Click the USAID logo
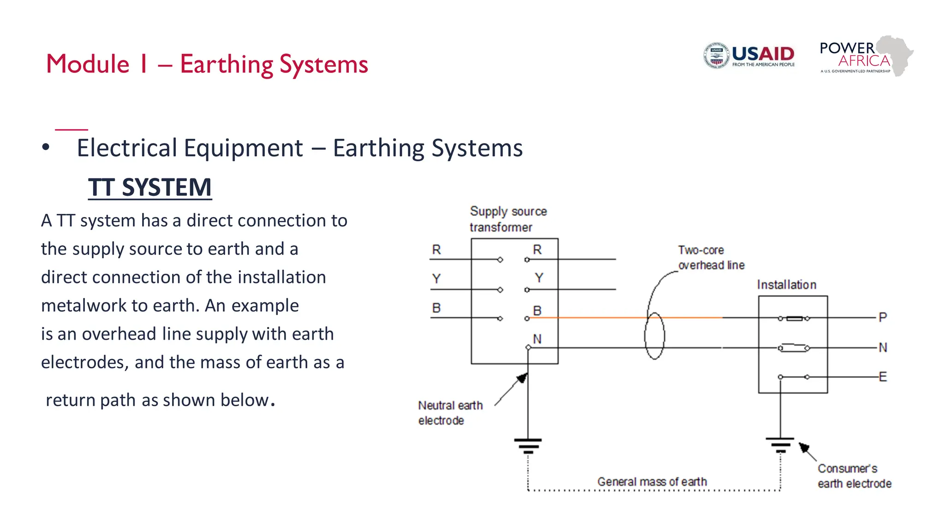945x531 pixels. (748, 56)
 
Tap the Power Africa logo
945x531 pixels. (866, 56)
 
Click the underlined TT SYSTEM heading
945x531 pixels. (150, 187)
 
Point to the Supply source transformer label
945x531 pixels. (508, 219)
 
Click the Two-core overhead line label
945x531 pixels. (711, 257)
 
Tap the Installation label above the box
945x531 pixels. (786, 285)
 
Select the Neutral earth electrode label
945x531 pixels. (450, 413)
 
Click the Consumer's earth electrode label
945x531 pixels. (854, 476)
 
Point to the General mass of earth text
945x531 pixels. (652, 482)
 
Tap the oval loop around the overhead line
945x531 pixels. (654, 336)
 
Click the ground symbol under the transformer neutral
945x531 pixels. (528, 445)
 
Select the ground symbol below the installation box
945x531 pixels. (780, 444)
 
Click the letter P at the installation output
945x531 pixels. (883, 317)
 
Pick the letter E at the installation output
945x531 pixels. (883, 377)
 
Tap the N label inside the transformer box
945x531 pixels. (537, 339)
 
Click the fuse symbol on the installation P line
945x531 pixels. (794, 318)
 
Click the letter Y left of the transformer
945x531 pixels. (436, 278)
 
